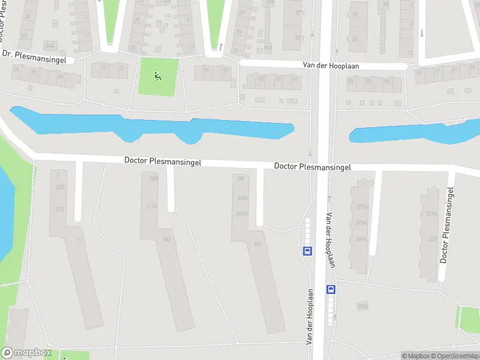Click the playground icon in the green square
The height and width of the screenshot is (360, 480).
(157, 76)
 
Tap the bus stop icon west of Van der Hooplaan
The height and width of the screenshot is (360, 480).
(307, 251)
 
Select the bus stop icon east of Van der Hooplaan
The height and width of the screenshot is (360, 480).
(331, 289)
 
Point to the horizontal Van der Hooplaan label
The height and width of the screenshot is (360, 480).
(331, 65)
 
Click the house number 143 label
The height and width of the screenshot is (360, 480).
(167, 239)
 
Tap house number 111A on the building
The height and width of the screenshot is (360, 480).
(151, 206)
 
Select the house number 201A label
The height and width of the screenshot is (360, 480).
(242, 213)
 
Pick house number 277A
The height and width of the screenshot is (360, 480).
(361, 207)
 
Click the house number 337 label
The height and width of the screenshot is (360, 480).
(431, 239)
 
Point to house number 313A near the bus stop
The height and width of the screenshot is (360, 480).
(362, 307)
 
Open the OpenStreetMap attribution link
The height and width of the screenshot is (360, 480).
(454, 356)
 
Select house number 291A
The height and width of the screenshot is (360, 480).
(361, 239)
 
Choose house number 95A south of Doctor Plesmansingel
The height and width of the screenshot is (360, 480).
(154, 178)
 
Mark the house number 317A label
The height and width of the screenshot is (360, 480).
(431, 214)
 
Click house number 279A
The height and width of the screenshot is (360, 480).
(361, 223)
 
